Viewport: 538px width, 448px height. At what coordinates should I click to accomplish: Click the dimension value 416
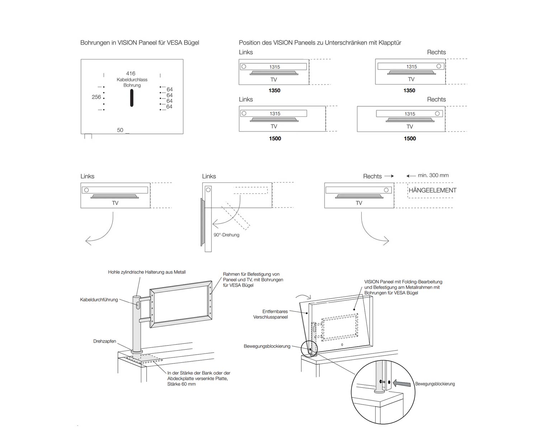(x=131, y=73)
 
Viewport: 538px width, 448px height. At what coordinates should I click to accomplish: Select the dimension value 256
(x=96, y=97)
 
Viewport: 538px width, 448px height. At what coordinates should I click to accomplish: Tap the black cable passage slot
(x=132, y=98)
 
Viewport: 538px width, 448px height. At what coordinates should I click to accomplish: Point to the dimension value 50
(x=120, y=130)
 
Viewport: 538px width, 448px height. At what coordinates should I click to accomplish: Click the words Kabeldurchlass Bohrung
(x=132, y=82)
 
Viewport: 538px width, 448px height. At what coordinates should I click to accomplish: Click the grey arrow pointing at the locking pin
(x=402, y=383)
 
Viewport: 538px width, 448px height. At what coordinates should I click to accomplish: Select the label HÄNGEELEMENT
(x=433, y=190)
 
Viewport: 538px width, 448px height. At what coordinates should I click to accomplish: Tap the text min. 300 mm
(x=433, y=175)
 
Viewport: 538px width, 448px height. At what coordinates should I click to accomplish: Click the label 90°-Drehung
(x=226, y=235)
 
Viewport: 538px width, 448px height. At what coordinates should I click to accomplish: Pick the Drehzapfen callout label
(x=105, y=341)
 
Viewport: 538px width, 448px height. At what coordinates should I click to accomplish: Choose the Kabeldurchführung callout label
(x=99, y=300)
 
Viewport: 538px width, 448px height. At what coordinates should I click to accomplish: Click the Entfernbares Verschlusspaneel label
(x=275, y=314)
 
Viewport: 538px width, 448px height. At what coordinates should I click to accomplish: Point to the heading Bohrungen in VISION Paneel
(x=140, y=43)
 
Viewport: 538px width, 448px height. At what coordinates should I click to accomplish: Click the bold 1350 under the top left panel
(x=274, y=91)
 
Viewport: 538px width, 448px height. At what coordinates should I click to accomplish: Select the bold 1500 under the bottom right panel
(x=410, y=139)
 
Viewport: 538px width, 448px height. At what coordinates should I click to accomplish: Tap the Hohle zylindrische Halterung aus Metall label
(x=147, y=272)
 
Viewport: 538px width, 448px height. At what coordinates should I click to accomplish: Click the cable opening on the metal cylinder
(x=138, y=305)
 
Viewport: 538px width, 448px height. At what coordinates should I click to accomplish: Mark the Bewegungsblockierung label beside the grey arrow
(x=435, y=384)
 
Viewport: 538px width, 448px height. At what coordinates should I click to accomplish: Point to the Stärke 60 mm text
(x=181, y=384)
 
